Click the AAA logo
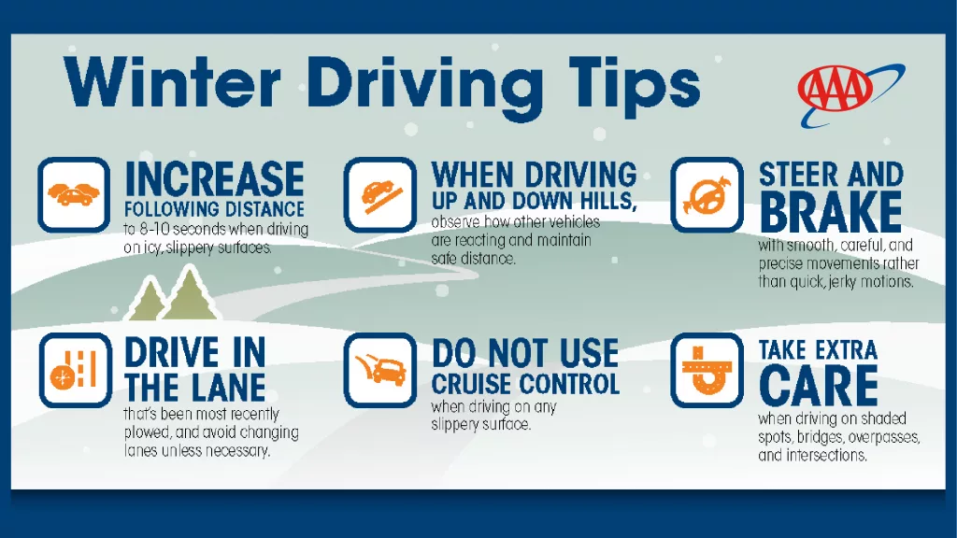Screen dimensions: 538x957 pos(836,91)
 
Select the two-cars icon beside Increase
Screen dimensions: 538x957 pos(73,194)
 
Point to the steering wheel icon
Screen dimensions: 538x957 pos(707,194)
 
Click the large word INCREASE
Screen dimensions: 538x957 pos(215,179)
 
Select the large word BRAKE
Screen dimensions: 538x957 pos(831,212)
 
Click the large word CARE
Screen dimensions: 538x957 pos(819,386)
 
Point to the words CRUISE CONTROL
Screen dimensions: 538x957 pos(525,384)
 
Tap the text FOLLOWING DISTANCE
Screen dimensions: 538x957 pos(215,208)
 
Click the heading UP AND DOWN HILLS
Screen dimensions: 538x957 pos(534,202)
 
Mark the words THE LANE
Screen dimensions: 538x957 pos(194,386)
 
